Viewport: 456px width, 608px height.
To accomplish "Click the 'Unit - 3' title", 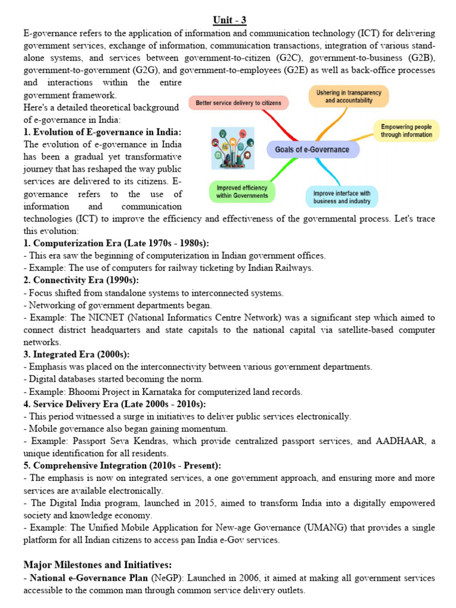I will click(229, 21).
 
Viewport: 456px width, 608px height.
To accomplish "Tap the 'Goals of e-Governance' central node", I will click(312, 150).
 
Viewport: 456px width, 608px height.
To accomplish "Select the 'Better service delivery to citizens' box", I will click(239, 103).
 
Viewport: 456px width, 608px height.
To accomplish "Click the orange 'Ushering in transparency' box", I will click(349, 96).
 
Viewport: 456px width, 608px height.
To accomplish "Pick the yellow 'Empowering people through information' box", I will click(407, 131).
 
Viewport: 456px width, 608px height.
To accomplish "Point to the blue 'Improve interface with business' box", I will click(341, 197).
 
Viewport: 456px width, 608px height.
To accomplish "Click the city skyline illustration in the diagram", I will click(233, 148).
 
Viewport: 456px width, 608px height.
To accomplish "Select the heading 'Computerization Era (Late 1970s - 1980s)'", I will click(116, 243).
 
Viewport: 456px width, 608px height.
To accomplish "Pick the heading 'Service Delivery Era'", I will click(115, 404).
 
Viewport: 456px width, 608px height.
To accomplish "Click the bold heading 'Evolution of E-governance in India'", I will click(103, 132).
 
